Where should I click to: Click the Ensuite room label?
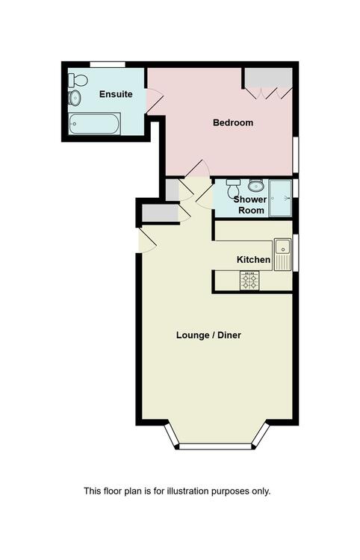coord(116,94)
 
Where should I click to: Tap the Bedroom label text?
coord(233,122)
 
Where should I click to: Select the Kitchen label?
coord(253,260)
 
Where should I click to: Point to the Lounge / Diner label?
coord(208,335)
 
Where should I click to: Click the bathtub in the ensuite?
coord(94,123)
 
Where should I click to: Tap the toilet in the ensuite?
coord(78,80)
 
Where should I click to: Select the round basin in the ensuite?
coord(75,98)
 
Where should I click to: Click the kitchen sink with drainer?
coord(283,255)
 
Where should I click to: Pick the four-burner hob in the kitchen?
coord(249,280)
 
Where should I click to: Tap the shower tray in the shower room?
coord(280,198)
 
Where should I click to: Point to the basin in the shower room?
coord(256,185)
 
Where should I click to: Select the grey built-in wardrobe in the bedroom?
coord(269,78)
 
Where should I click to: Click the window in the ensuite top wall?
coord(108,64)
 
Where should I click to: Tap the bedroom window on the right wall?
coord(295,155)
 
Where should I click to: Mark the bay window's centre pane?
coord(215,447)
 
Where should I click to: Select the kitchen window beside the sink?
coord(295,253)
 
